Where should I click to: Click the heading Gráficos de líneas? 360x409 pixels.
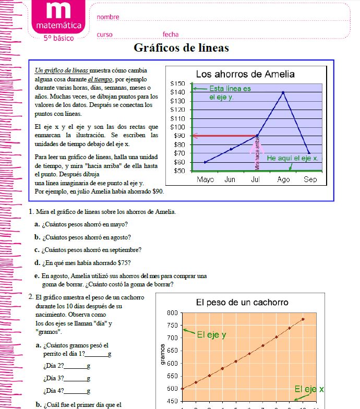click(181, 48)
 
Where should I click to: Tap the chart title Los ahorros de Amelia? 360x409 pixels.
click(245, 74)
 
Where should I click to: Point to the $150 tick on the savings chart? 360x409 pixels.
click(177, 83)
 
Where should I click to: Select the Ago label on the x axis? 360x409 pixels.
click(283, 179)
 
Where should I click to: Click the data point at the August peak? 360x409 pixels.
click(283, 92)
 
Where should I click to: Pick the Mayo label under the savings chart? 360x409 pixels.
click(206, 179)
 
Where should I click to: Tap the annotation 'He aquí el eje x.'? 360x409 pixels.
click(292, 158)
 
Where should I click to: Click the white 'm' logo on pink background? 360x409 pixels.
click(58, 11)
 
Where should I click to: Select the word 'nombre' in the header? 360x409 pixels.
click(108, 17)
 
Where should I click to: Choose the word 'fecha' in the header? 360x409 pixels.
click(171, 34)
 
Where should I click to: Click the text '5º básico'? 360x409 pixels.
click(58, 38)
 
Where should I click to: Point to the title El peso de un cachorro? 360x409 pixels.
click(242, 303)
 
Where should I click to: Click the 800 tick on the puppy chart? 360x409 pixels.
click(172, 313)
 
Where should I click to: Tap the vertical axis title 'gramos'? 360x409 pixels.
click(163, 354)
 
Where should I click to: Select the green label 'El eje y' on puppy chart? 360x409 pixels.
click(211, 335)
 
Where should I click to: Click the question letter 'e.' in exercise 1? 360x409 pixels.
click(37, 275)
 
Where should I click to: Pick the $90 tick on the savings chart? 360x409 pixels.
click(179, 136)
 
